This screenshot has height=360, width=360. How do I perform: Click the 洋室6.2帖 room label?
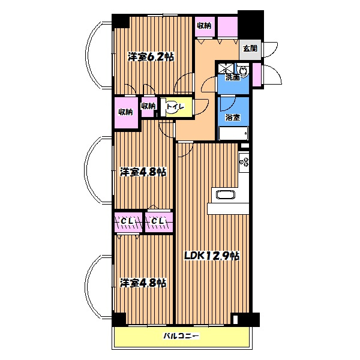(151, 57)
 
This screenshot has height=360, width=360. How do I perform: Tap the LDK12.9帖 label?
(212, 256)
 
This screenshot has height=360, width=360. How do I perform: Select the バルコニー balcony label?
(181, 336)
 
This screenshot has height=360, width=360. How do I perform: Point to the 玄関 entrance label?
(250, 49)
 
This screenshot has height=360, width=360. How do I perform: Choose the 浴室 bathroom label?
(233, 118)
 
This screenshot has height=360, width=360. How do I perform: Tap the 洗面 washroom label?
(233, 77)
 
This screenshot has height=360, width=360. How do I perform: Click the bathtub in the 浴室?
(233, 133)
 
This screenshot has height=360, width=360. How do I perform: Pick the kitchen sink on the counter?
(226, 195)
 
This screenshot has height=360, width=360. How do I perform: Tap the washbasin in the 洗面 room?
(242, 70)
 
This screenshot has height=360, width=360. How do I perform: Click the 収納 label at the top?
(205, 25)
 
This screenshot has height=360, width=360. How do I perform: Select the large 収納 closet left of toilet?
(126, 112)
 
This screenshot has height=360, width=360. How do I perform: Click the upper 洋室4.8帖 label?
(143, 172)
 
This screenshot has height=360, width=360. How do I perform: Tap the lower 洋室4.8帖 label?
(143, 283)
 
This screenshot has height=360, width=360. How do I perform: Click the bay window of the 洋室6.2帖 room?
(99, 55)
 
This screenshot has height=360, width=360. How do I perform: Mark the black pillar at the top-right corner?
(250, 25)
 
